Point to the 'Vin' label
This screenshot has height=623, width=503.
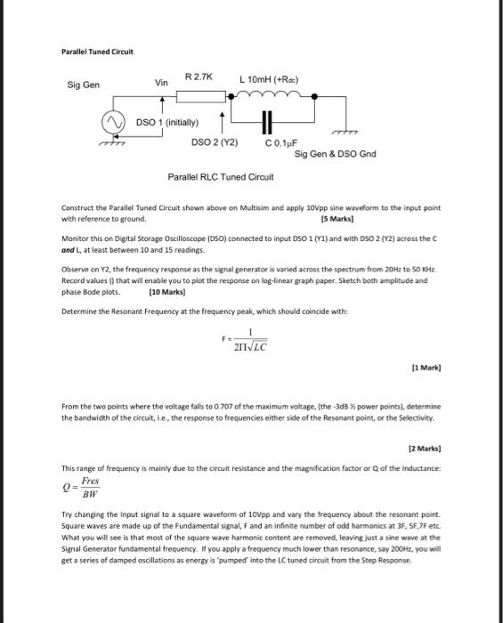[x=161, y=83]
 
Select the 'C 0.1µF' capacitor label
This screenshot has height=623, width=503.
[x=280, y=142]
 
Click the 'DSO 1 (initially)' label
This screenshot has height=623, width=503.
[x=167, y=121]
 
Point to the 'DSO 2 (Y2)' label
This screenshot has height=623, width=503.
[x=215, y=142]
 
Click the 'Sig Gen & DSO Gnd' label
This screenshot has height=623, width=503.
[x=335, y=154]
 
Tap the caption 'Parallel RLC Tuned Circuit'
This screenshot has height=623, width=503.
[x=221, y=176]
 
